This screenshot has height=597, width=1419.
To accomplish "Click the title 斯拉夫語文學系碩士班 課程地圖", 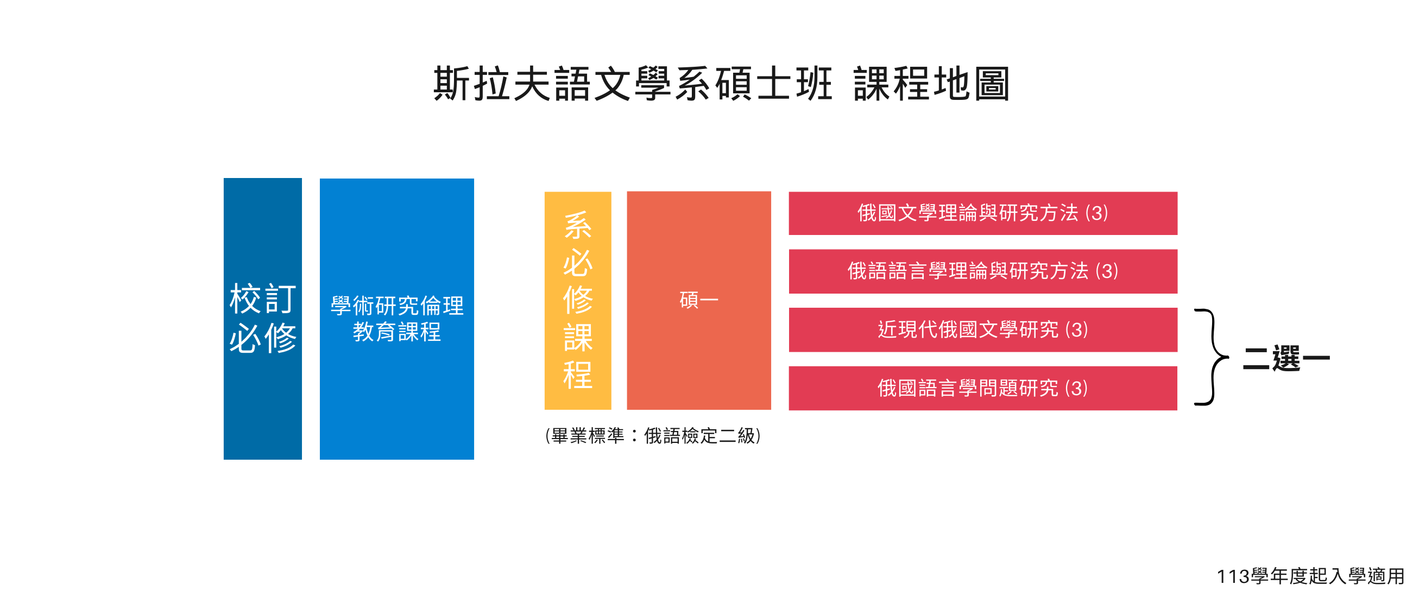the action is [722, 84].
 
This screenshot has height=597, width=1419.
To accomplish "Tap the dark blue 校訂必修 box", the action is [263, 319].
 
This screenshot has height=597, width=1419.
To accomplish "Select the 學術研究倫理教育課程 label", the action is [396, 319].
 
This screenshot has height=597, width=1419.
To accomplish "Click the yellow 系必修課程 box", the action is [578, 300].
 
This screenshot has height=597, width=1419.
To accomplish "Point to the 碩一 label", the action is [698, 300].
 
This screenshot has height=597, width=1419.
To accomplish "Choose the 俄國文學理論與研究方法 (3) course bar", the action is [983, 213].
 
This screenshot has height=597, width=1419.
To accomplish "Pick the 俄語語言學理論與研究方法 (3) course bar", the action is [983, 271].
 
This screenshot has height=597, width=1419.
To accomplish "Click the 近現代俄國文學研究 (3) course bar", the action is [983, 329].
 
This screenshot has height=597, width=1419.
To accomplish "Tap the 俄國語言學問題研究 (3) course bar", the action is [983, 388].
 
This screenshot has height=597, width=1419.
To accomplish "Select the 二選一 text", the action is [1286, 359].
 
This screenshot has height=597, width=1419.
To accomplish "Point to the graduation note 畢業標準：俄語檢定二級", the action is [653, 436].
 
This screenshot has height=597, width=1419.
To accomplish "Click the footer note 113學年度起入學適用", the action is [1310, 576].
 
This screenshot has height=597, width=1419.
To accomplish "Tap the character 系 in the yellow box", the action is [578, 226].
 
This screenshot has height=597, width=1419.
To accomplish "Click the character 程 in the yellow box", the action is [578, 375].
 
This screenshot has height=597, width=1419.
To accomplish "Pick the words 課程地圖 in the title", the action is [932, 84].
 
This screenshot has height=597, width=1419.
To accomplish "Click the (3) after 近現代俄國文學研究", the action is [1076, 329].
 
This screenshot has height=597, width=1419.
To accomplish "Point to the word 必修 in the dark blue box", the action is [263, 338].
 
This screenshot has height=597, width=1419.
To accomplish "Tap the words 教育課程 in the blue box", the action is [396, 332].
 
